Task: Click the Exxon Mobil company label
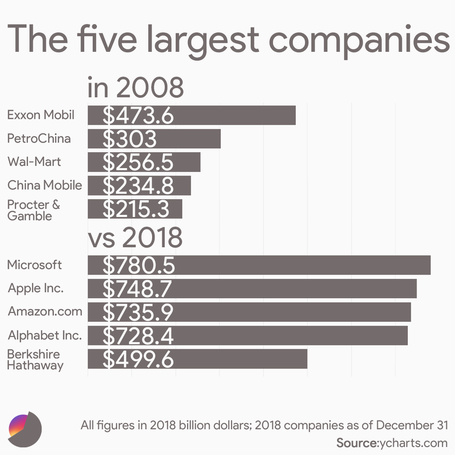(41, 115)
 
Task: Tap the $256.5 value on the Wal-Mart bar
(138, 163)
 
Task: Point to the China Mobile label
(45, 185)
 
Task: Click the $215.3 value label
(136, 209)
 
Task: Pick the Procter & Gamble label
(34, 210)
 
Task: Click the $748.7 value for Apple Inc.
(137, 289)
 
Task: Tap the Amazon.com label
(45, 312)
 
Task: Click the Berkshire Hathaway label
(35, 359)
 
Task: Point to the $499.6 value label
(138, 359)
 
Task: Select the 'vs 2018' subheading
(135, 238)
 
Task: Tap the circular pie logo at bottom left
(25, 429)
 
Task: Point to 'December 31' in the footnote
(412, 425)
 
